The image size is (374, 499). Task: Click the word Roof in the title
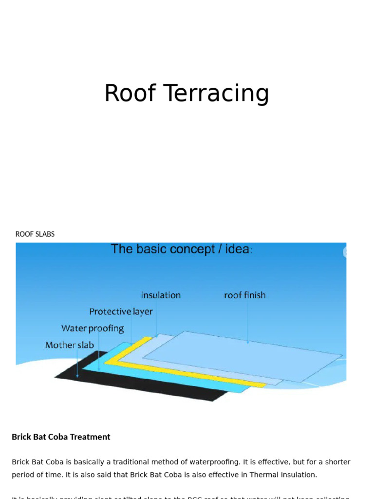pos(130,93)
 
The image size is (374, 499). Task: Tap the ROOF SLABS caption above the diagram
pos(35,234)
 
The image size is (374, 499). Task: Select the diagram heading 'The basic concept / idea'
pos(181,249)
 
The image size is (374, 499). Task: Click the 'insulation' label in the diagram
pos(161,295)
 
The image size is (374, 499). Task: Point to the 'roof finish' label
pos(244,295)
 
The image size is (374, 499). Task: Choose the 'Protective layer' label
pos(121,311)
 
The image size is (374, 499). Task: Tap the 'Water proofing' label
pos(93,328)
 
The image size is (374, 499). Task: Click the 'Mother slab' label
pos(70,345)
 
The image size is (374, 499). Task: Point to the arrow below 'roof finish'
pos(247,322)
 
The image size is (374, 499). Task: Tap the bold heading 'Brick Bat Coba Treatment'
pos(61,437)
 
